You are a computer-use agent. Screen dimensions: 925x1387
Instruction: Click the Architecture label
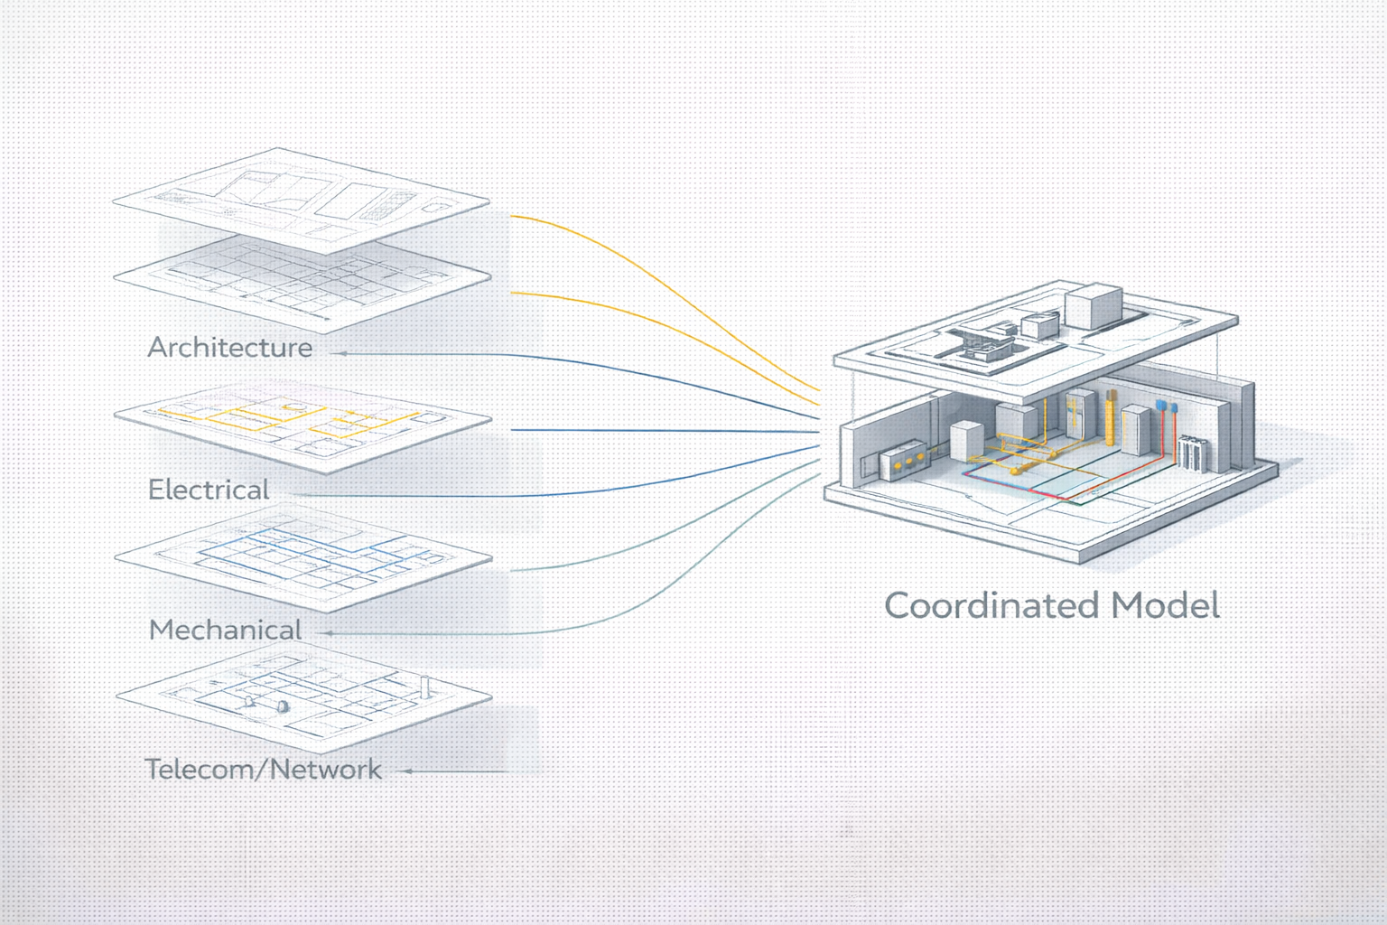tap(230, 348)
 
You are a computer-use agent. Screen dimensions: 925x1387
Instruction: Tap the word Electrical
tap(209, 490)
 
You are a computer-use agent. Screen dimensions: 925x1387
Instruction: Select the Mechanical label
tap(225, 630)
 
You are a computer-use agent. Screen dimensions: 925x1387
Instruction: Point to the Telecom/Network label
tap(263, 770)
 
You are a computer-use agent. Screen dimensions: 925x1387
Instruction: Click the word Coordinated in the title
tap(991, 605)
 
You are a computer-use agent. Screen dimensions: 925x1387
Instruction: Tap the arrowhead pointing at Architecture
tap(340, 353)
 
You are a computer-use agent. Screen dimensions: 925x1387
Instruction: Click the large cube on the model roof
tap(1093, 307)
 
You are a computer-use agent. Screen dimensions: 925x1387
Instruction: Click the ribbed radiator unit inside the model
tap(1192, 452)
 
